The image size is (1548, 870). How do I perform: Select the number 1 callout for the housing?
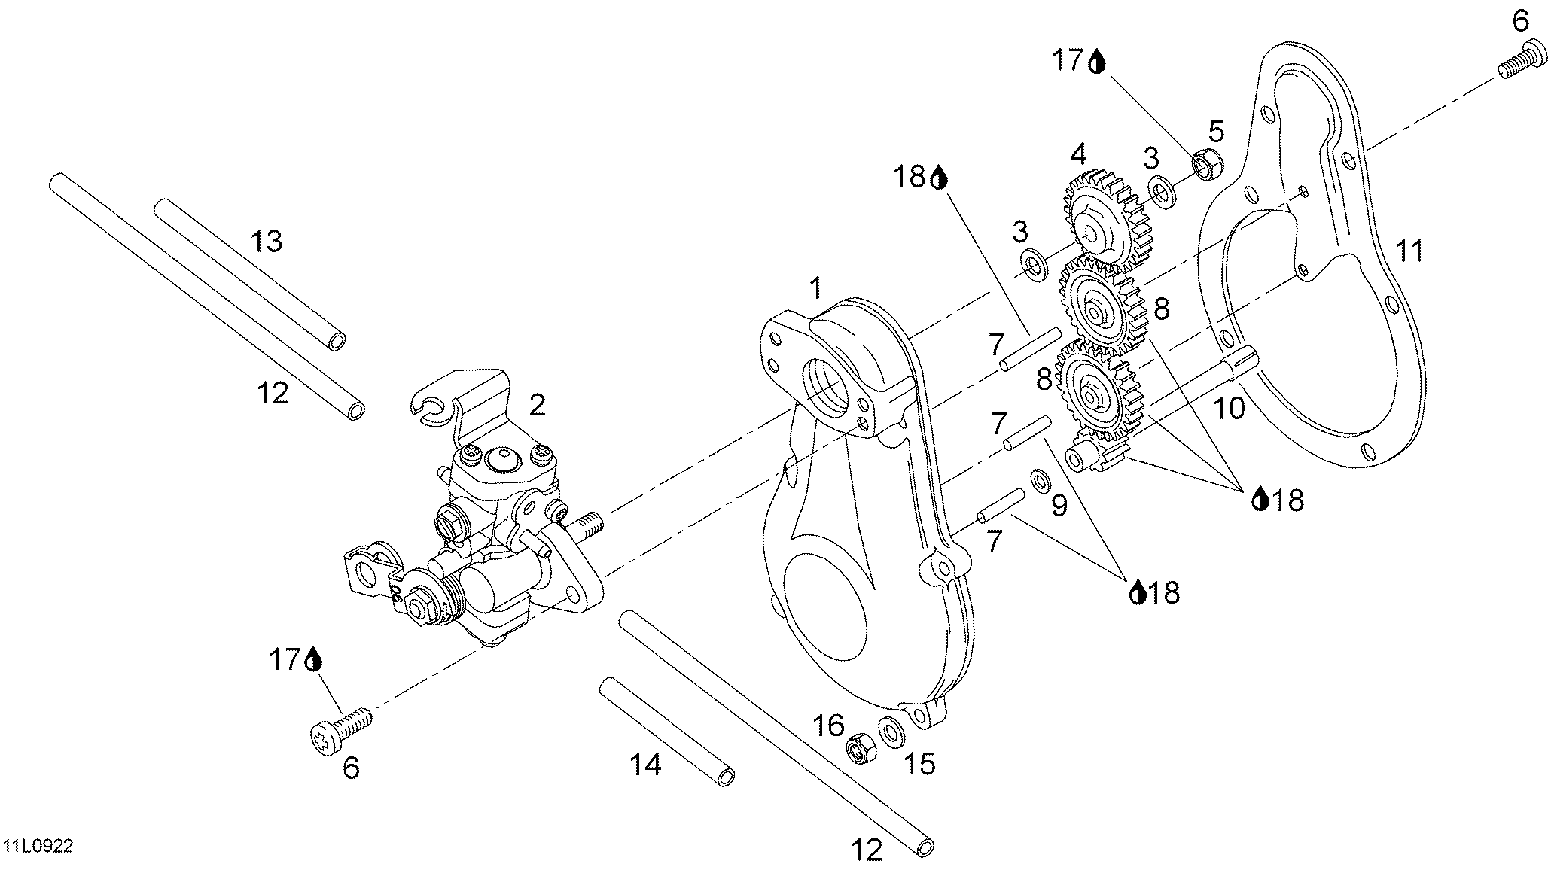[x=815, y=287]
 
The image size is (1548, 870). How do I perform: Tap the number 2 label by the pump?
[x=537, y=405]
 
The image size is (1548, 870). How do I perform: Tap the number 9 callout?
[x=1059, y=505]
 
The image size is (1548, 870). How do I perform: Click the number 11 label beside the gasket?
[x=1409, y=250]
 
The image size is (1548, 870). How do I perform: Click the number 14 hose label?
[x=645, y=765]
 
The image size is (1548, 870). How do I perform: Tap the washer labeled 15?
[x=891, y=731]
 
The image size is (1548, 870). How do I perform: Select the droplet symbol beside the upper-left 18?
[x=939, y=179]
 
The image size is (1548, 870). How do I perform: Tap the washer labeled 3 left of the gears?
[x=1034, y=264]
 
